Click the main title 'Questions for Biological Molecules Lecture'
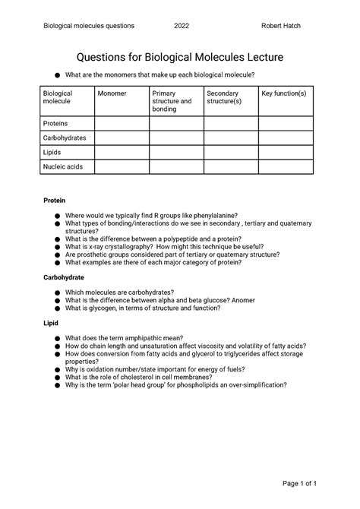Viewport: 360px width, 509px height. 179,57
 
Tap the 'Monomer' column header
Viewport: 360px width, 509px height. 112,93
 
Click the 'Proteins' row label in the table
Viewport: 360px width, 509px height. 56,122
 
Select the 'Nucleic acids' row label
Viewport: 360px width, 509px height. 63,166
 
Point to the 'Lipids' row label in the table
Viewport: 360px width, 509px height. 54,152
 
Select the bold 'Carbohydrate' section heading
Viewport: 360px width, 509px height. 64,278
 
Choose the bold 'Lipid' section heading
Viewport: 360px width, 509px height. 50,323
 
